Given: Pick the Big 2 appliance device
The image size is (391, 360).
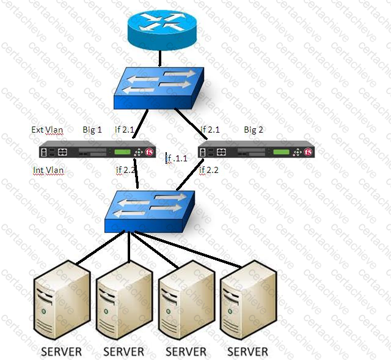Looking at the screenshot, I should (255, 150).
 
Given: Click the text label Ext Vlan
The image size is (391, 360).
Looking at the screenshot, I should (47, 130).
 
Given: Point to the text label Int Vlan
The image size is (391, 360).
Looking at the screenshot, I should (48, 171).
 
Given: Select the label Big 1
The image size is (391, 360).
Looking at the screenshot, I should (92, 130).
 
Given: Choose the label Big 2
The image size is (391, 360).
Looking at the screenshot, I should (254, 130).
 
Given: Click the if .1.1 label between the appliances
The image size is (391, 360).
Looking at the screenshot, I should (177, 159).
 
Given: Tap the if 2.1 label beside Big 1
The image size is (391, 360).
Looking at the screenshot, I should (125, 130).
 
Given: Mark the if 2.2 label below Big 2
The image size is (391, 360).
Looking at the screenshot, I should (209, 171).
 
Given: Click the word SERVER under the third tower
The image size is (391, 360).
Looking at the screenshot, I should (186, 351).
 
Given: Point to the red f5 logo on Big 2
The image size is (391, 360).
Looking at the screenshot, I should (308, 151).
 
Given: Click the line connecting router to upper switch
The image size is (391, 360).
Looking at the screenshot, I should (159, 59).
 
